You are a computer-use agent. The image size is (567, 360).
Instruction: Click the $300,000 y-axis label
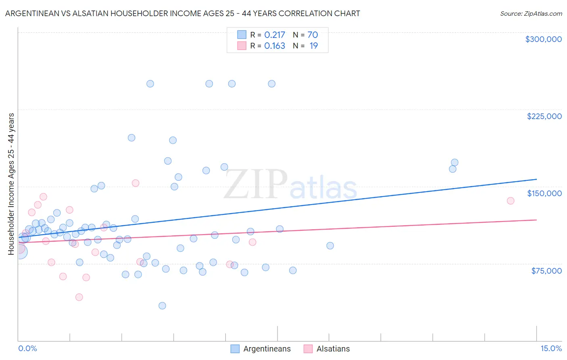click(x=543, y=39)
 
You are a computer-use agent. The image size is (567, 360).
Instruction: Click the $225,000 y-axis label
click(x=544, y=116)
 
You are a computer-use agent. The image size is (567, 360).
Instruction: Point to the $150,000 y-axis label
click(x=544, y=193)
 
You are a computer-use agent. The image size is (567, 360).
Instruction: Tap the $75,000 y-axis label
click(x=546, y=271)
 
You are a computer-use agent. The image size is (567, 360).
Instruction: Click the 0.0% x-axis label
click(x=27, y=348)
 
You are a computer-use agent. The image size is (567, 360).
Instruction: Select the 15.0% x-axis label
click(x=551, y=348)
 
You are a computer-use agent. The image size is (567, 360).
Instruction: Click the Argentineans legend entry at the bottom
click(x=267, y=349)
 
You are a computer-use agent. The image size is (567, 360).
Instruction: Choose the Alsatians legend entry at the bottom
click(x=333, y=349)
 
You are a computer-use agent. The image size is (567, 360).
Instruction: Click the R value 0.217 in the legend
click(x=275, y=35)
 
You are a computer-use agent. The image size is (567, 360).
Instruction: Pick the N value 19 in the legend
click(x=313, y=46)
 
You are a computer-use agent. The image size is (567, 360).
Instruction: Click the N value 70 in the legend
click(x=313, y=35)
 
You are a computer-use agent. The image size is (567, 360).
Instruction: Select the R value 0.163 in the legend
click(x=275, y=46)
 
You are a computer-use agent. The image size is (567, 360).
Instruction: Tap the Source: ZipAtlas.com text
click(x=531, y=13)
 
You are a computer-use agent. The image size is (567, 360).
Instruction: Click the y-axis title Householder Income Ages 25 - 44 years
click(x=11, y=184)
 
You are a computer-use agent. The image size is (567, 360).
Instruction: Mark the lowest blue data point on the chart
click(x=162, y=306)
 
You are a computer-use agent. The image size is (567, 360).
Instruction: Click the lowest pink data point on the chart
click(x=79, y=297)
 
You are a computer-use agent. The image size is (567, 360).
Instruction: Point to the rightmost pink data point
click(x=511, y=201)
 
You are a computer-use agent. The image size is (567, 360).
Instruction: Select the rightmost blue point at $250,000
click(x=272, y=84)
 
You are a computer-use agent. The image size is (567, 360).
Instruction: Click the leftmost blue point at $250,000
click(x=150, y=84)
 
